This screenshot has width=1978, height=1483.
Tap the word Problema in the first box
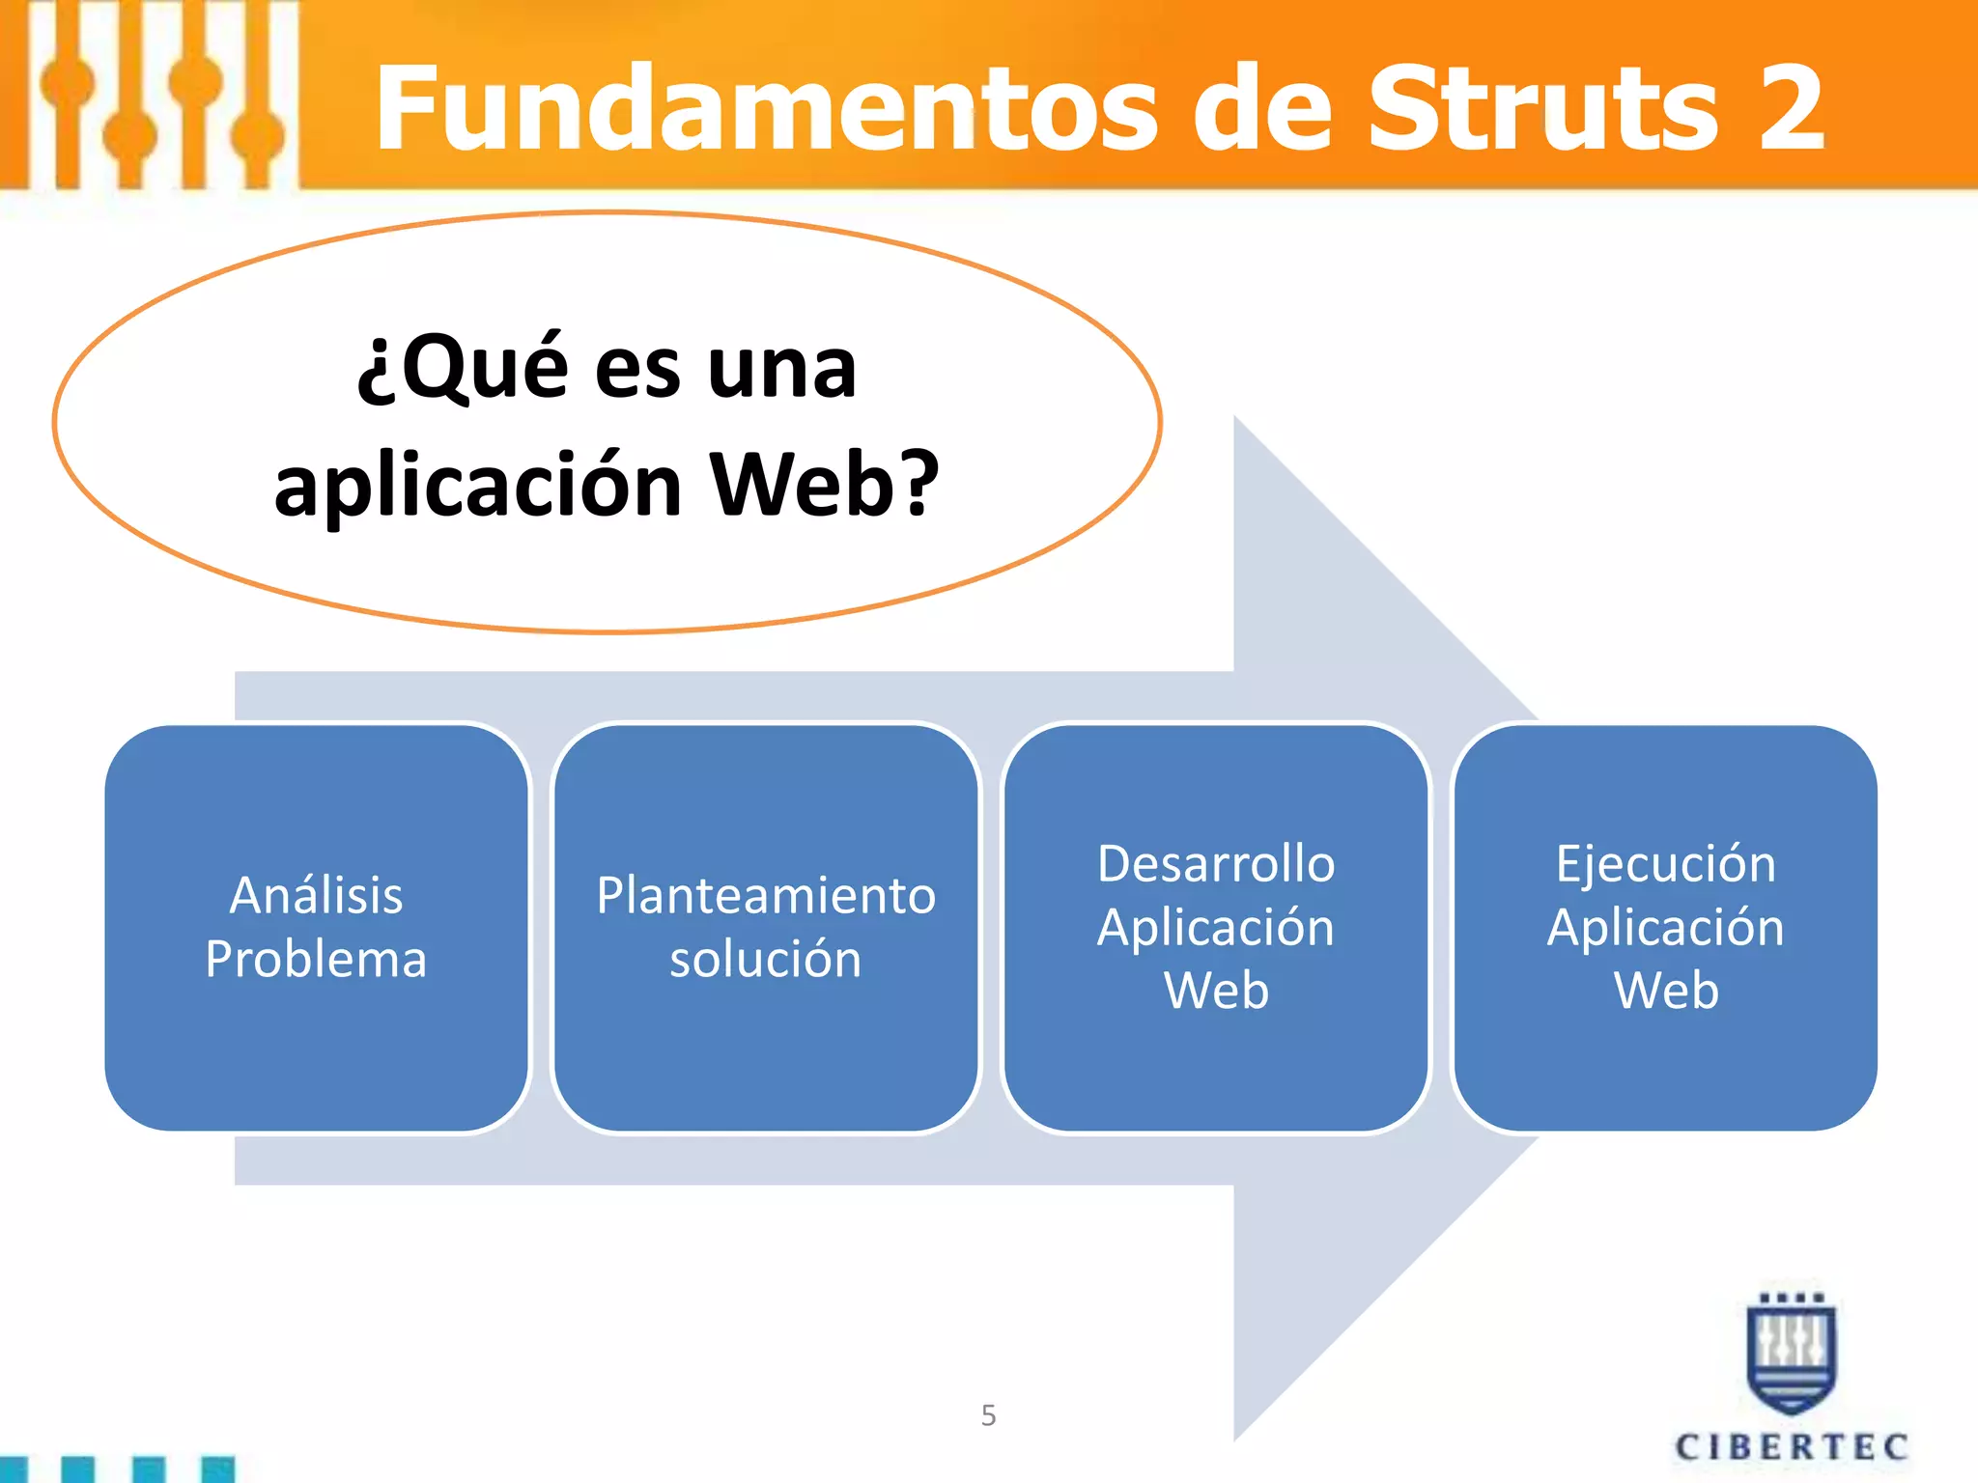click(x=316, y=959)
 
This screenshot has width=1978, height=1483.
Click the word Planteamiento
click(x=766, y=895)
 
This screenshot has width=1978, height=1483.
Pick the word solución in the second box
click(x=766, y=959)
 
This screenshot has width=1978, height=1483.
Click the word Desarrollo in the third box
click(x=1216, y=863)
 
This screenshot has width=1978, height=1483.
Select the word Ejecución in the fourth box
click(x=1665, y=863)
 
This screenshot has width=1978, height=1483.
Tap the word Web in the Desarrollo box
click(x=1216, y=991)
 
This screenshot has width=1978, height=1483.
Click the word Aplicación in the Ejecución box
click(x=1665, y=927)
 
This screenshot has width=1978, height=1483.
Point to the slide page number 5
click(x=988, y=1415)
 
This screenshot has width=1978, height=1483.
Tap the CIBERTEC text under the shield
click(x=1792, y=1447)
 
